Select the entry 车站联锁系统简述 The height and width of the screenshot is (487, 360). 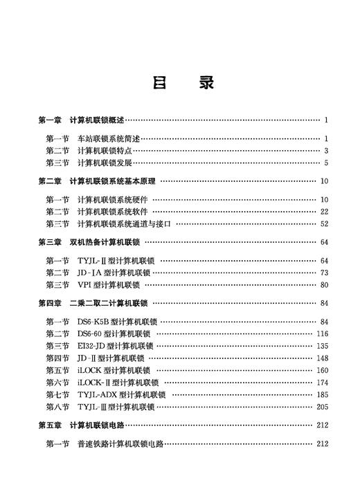coord(107,138)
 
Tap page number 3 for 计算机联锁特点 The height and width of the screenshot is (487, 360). coord(325,151)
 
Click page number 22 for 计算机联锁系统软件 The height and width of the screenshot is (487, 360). coord(323,212)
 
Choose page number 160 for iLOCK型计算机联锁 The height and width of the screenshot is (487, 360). coord(322,370)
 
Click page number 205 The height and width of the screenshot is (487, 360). coord(322,407)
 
